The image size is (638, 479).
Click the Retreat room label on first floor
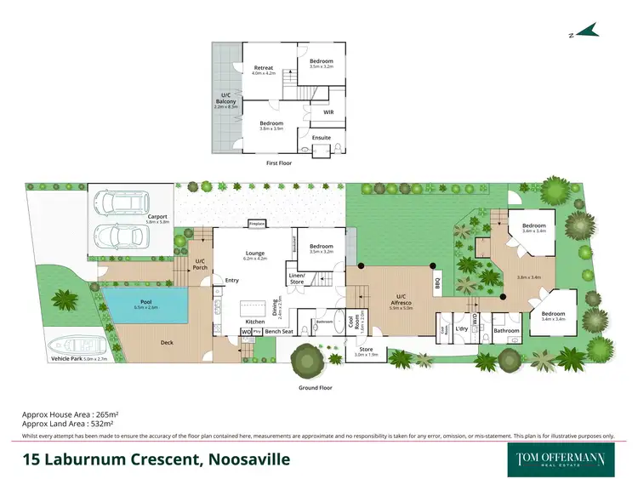[265, 68]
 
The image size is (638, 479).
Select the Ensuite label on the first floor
[322, 137]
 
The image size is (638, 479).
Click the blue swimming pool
[144, 305]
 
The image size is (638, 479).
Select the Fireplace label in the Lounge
[256, 224]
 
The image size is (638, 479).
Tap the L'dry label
[462, 328]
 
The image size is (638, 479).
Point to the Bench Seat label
[278, 331]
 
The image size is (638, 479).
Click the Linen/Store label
[296, 278]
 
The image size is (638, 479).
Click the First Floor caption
[279, 162]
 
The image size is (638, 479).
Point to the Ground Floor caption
[314, 387]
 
